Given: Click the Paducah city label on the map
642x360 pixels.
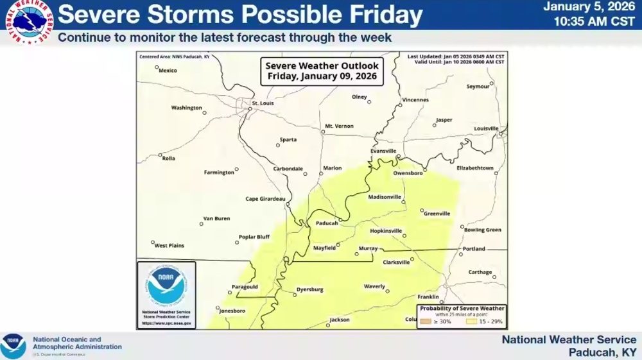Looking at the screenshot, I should coord(327,223).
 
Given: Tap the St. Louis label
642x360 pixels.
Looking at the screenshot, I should coord(263,103).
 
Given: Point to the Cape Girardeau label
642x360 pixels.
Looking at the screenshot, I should coord(265,198).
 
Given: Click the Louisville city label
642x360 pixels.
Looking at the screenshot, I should coord(486,128).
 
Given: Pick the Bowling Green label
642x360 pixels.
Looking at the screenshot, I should coord(482,230).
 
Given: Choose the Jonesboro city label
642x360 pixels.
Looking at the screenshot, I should coord(232,311).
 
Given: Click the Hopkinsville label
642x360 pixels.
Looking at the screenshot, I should coord(386,230).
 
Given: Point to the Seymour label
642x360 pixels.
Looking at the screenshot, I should coord(478,86).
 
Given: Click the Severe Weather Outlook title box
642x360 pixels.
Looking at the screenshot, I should coord(322,71).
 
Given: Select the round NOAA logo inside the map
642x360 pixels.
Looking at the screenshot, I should coord(166,287).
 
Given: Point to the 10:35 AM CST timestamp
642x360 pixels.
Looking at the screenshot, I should coord(595,21).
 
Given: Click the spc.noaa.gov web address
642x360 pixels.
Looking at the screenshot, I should coord(166,323).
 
